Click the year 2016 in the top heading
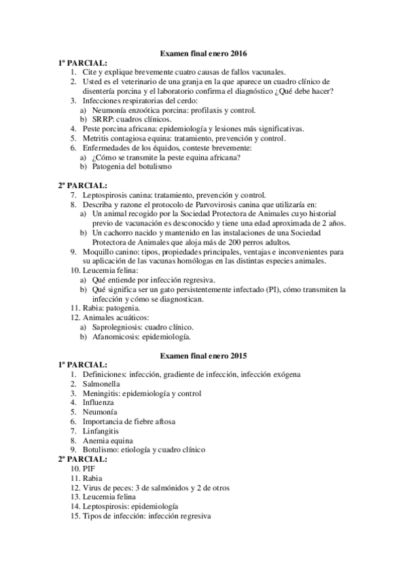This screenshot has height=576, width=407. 238,52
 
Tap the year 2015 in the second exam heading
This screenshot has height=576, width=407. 238,355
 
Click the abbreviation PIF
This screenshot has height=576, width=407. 89,469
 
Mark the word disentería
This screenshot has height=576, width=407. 102,90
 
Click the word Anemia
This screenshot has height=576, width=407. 96,440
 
